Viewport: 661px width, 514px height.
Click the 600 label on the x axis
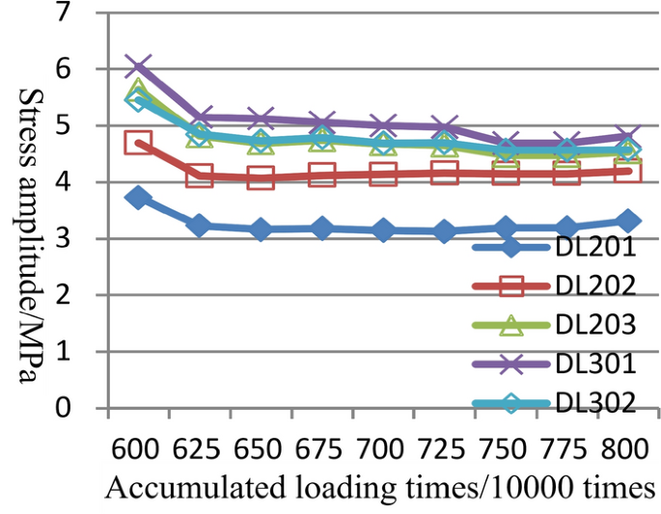pos(136,450)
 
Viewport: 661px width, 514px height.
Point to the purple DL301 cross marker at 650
pos(260,119)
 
